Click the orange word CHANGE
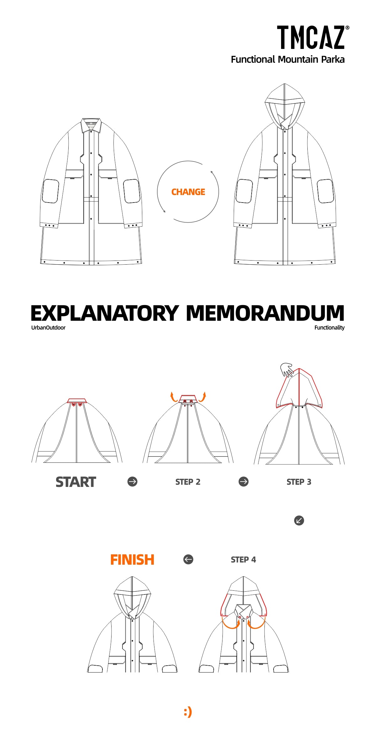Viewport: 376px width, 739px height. tap(188, 192)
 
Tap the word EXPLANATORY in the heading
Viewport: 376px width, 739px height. tap(105, 313)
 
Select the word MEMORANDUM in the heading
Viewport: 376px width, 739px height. tap(265, 313)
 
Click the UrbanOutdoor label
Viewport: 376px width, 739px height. tap(48, 328)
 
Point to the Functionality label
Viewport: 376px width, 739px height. tap(329, 328)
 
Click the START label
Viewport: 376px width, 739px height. tap(76, 482)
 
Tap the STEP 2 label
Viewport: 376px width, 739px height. tap(188, 482)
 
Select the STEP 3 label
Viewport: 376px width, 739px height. tap(299, 482)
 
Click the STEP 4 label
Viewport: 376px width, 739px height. tap(243, 560)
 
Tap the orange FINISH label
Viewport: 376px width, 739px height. tap(132, 560)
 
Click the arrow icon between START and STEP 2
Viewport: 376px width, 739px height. tap(133, 482)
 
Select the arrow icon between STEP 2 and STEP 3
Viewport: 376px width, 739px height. tap(243, 482)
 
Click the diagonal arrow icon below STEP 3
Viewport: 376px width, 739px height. tap(299, 520)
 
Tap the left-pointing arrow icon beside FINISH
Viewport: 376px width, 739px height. tap(188, 559)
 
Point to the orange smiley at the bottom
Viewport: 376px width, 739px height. tap(188, 712)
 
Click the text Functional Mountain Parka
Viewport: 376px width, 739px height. tap(288, 60)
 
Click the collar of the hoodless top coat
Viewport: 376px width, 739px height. tap(91, 125)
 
